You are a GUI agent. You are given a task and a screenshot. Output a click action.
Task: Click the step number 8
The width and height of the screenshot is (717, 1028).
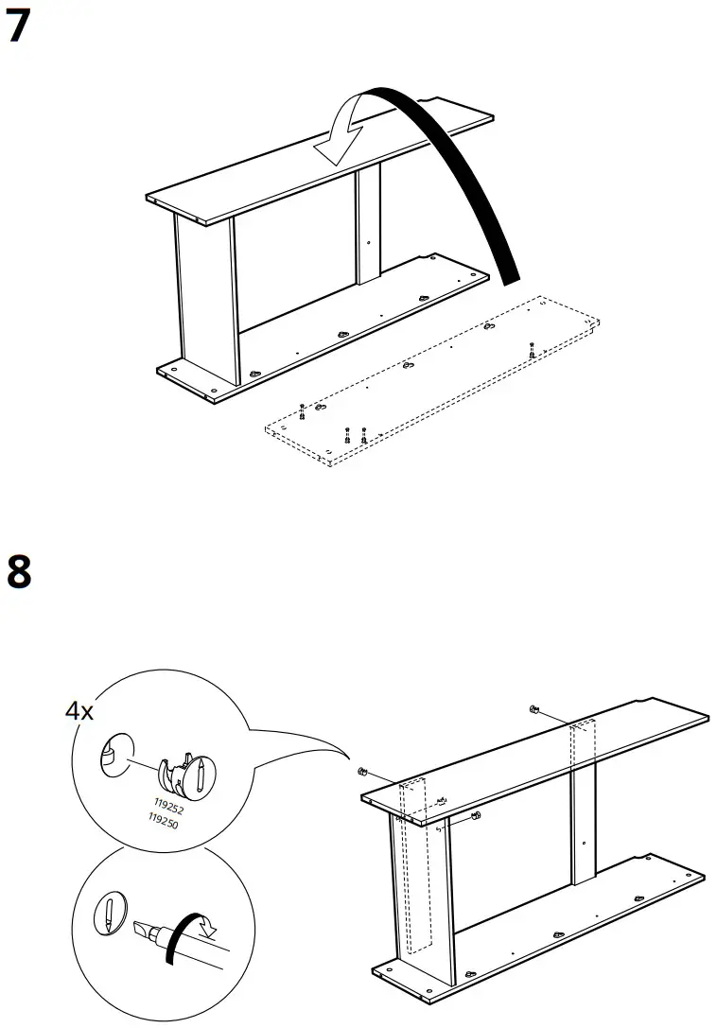[x=19, y=572]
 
